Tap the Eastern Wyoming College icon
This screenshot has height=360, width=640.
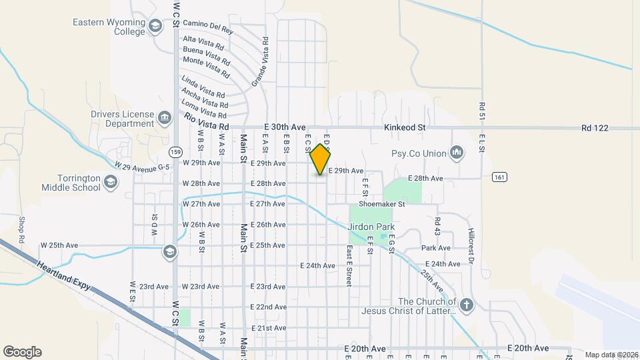tap(155, 27)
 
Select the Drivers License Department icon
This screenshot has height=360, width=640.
tap(164, 119)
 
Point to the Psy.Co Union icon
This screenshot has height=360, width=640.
tap(457, 153)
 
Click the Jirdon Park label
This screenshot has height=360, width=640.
tap(371, 227)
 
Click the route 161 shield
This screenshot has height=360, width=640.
tap(500, 177)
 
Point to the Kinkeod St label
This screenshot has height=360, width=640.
tap(405, 127)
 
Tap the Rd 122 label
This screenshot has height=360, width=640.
tap(595, 127)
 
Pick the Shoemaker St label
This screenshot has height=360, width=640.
tap(382, 204)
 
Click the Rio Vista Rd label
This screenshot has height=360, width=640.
tap(207, 123)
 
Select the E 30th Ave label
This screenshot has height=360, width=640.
tap(285, 127)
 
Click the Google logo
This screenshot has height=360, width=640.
tap(22, 351)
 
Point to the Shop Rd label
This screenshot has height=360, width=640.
tap(21, 230)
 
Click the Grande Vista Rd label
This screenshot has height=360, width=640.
tap(260, 62)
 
